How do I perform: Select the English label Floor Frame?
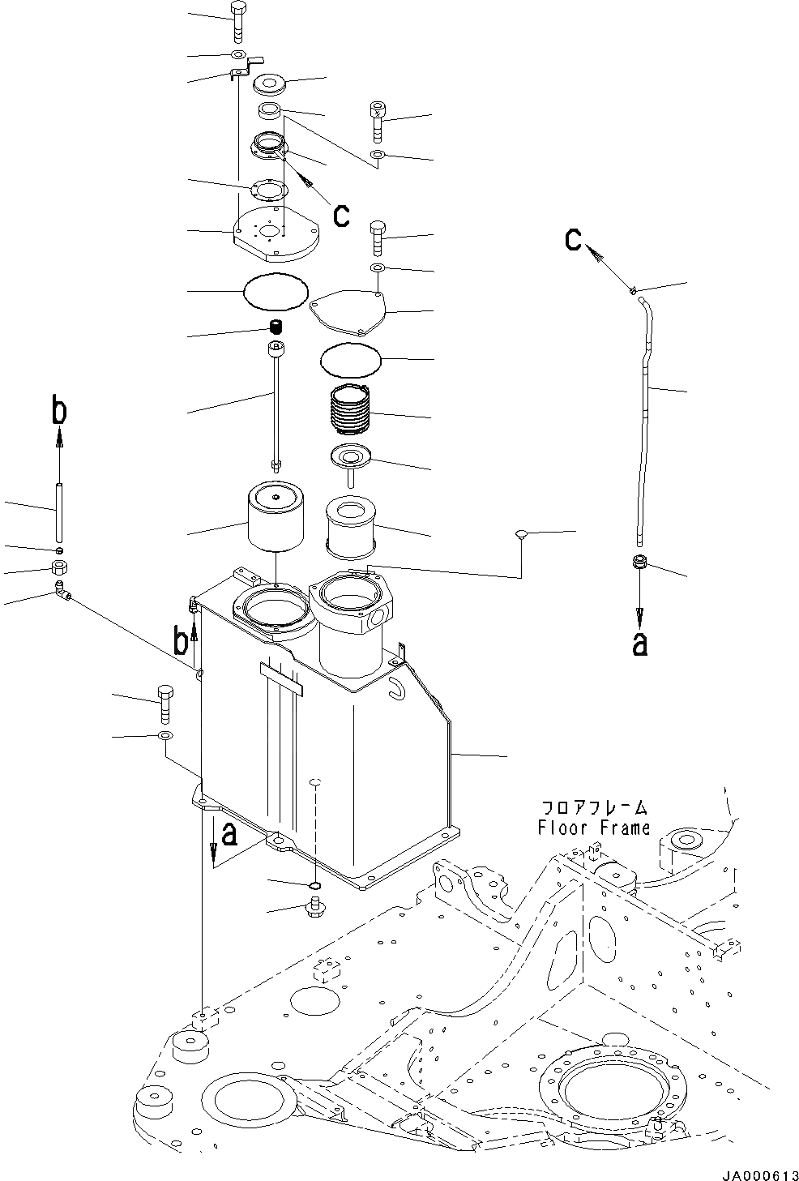pyautogui.click(x=593, y=828)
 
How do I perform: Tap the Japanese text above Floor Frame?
pyautogui.click(x=595, y=807)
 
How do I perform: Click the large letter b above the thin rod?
pyautogui.click(x=59, y=413)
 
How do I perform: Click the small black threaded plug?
pyautogui.click(x=276, y=327)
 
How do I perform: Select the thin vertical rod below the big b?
pyautogui.click(x=59, y=512)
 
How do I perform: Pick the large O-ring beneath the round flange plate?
pyautogui.click(x=276, y=290)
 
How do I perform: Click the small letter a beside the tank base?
pyautogui.click(x=229, y=832)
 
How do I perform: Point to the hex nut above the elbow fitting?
pyautogui.click(x=58, y=567)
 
